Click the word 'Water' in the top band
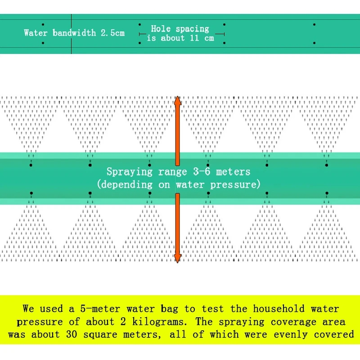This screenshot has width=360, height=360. tap(36, 33)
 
